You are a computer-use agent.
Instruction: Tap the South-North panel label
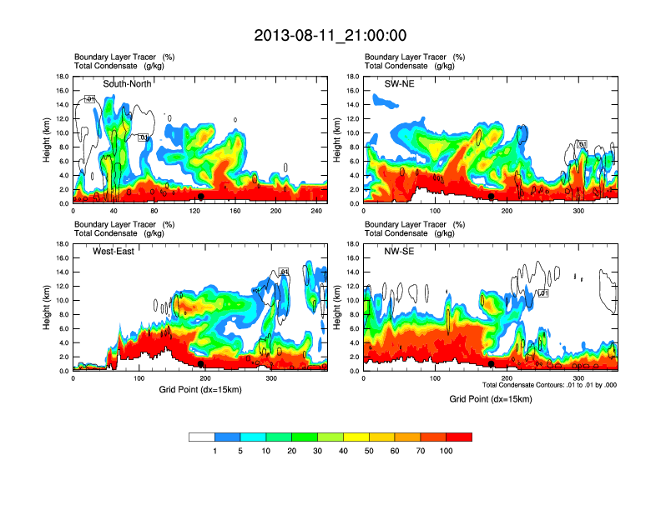pos(127,84)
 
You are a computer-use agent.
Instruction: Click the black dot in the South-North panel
pos(201,197)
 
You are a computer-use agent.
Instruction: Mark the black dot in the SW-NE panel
pos(492,197)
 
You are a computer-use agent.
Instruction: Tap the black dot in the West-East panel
pos(201,363)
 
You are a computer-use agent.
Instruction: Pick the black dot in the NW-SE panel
pos(492,363)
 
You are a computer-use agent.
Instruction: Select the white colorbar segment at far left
pos(202,437)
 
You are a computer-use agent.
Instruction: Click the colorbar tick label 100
pos(447,451)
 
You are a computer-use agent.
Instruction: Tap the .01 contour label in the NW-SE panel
pos(542,293)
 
